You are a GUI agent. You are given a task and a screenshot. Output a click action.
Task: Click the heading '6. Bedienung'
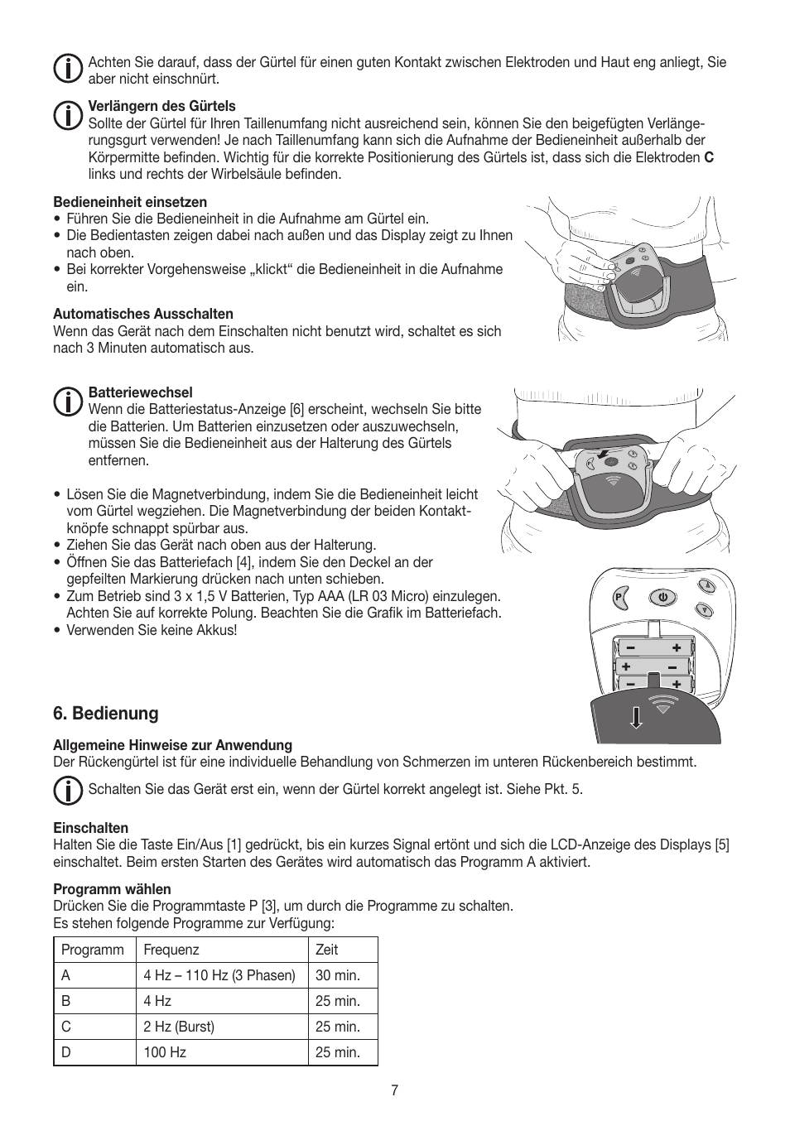pos(105,713)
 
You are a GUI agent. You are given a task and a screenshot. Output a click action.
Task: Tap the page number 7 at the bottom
pos(395,1090)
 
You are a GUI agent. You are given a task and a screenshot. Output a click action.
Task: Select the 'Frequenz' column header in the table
pos(171,950)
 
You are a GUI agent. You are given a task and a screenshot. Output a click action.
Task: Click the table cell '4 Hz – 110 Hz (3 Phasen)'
pos(219,975)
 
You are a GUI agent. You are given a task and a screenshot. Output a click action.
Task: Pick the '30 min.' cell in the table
pos(338,975)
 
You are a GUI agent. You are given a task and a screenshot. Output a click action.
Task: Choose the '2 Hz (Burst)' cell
pos(179,1027)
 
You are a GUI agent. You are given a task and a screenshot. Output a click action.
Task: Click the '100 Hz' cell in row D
pos(165,1052)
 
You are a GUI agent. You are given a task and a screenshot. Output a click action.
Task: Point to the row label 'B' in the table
pos(66,1001)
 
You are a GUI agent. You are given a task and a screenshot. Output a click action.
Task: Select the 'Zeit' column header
pos(327,950)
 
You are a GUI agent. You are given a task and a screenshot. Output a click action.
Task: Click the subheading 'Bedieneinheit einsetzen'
pos(130,202)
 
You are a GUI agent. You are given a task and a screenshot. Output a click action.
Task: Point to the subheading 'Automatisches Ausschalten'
pos(143,314)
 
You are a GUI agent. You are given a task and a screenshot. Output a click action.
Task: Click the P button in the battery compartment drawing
pos(620,598)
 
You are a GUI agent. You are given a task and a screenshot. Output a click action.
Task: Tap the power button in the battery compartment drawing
pos(662,597)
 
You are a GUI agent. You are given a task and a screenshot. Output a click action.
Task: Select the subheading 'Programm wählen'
pos(112,889)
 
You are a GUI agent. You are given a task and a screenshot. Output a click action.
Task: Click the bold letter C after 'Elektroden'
pos(709,157)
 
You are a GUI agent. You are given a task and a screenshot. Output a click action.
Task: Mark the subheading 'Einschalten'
pos(91,828)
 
